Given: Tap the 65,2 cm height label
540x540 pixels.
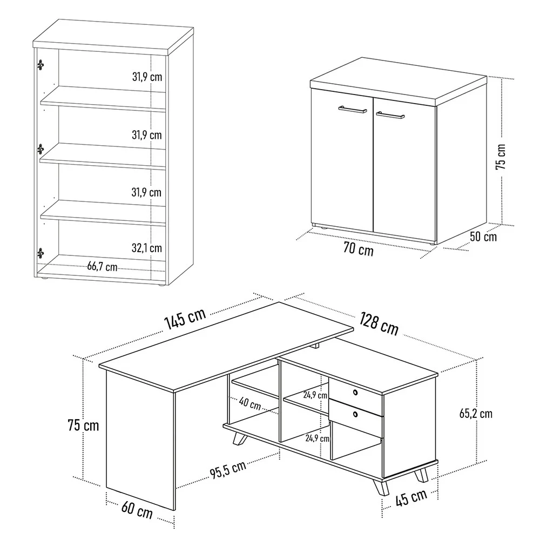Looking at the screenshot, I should coord(475,414).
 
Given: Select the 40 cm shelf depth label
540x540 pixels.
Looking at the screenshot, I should coord(250,404).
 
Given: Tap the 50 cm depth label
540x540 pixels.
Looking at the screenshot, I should coord(483,237).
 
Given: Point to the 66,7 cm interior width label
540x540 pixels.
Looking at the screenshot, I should coord(102,266).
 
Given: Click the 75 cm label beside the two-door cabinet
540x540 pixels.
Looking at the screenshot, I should coord(501,157).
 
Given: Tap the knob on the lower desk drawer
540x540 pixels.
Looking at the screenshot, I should coord(355,414).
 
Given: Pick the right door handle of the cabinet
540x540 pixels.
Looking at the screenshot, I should coord(391,115).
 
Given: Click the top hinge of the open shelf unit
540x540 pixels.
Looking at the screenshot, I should coord(40,64).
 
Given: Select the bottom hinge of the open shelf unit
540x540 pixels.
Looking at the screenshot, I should coord(40,252).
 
